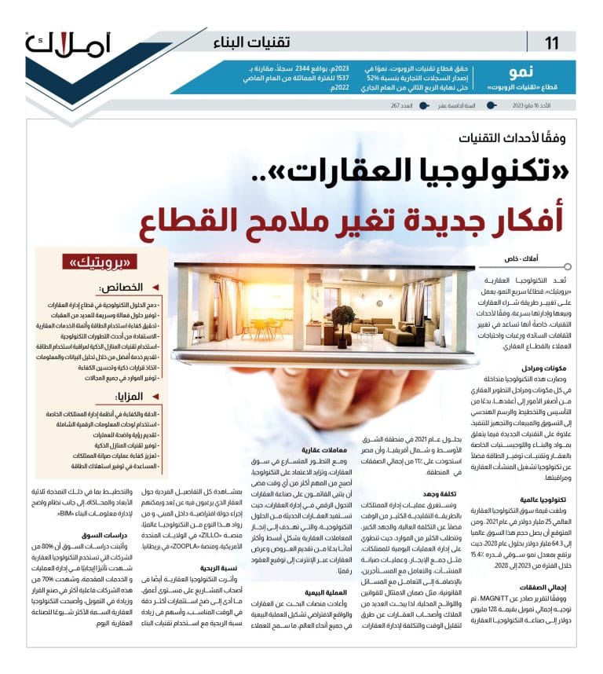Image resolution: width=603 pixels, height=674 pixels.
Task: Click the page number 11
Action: [553, 42]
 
